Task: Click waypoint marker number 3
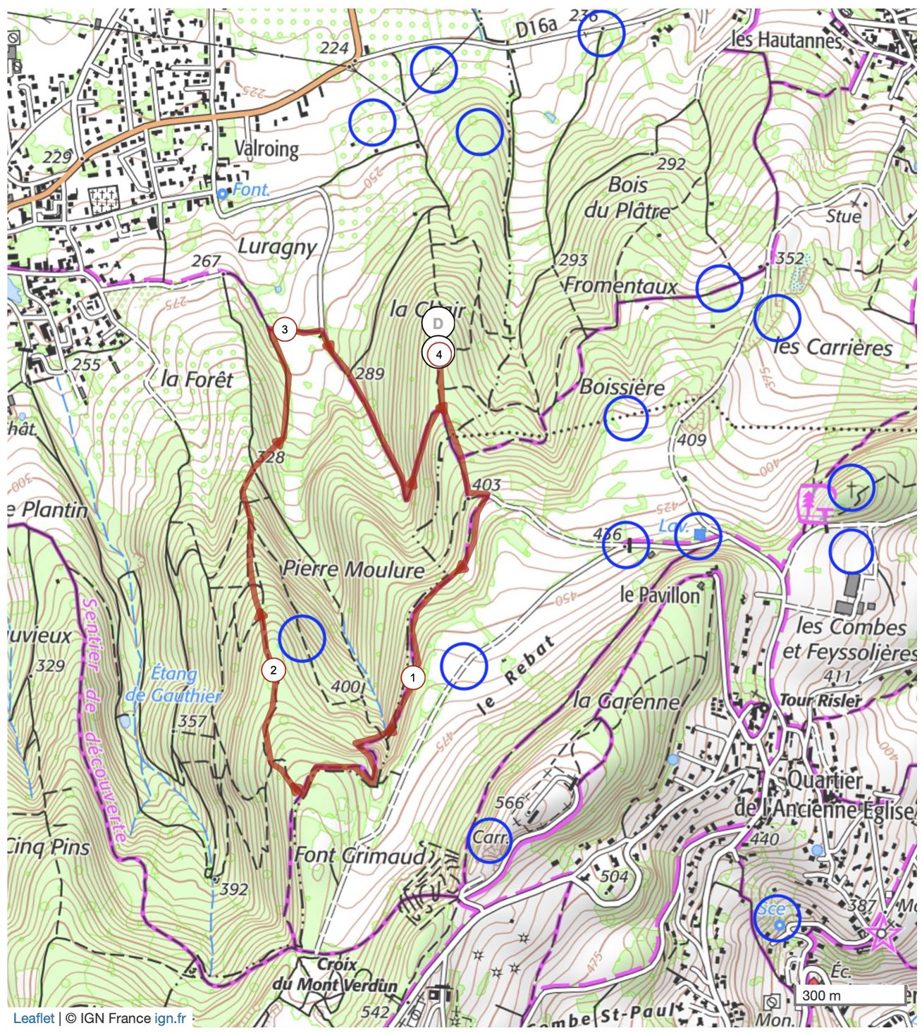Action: pos(285,329)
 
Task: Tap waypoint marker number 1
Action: pos(412,678)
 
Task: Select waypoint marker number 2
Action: pos(273,669)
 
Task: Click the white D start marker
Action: pos(438,323)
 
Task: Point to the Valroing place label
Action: pos(266,149)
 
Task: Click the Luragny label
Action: pos(277,247)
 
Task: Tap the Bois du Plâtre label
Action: pos(627,197)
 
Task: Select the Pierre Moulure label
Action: pos(353,569)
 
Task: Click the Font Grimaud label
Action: pos(359,855)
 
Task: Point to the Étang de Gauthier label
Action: pos(173,684)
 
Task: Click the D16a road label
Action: pos(536,27)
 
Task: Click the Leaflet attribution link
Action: pos(34,1018)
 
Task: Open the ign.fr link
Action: pos(171,1018)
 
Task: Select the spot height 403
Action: pos(486,485)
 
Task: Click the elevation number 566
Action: pos(509,803)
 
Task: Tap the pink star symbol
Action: pos(882,934)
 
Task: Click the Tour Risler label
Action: pos(820,700)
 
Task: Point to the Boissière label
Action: pos(622,388)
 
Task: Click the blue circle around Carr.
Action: pos(489,840)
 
